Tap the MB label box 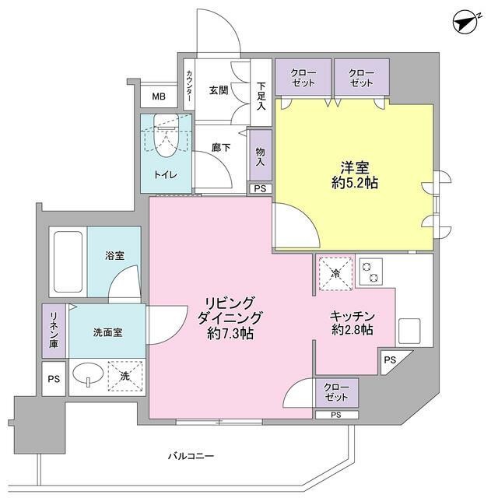coord(158,97)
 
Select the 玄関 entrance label coord(218,90)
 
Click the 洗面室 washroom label coord(107,331)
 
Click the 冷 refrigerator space coord(335,273)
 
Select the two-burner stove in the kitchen coord(373,271)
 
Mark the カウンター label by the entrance coord(189,87)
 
